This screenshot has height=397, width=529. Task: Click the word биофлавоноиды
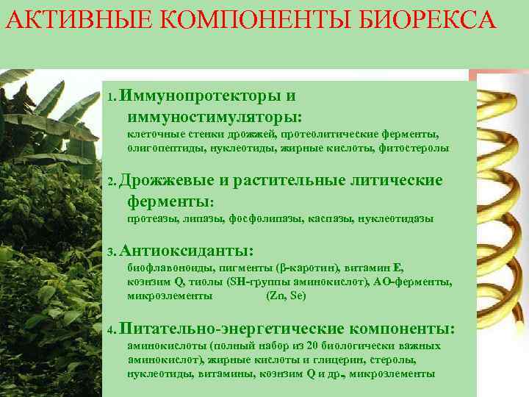[x=166, y=269]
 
